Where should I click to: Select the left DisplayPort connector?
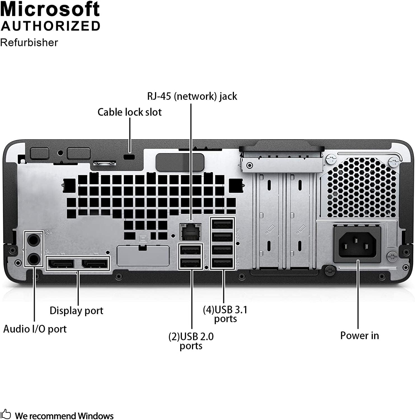pos(61,264)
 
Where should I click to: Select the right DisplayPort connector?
pos(95,264)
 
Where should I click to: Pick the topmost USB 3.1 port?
pos(222,225)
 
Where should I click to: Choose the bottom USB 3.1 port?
pos(222,263)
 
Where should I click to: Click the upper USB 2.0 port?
pos(191,249)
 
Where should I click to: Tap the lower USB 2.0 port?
pos(191,263)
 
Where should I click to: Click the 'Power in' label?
pos(359,335)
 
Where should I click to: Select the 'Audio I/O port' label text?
pos(35,329)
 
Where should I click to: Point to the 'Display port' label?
pos(76,311)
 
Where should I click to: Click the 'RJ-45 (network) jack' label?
pos(192,96)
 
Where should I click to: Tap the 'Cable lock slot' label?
pos(130,112)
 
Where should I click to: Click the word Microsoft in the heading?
pos(50,9)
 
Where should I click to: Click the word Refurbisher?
pos(29,43)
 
